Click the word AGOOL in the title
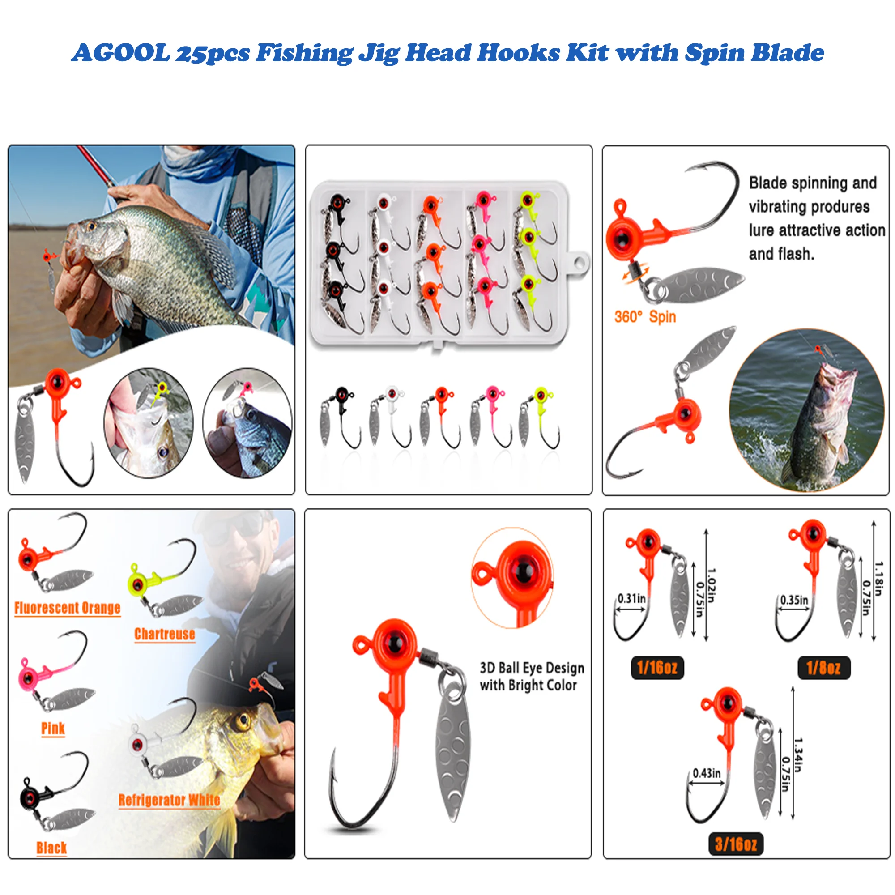(x=121, y=52)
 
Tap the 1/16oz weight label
(x=657, y=668)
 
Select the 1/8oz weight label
(x=823, y=668)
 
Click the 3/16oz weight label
(x=736, y=844)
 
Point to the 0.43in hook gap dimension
(x=707, y=773)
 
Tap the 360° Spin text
(x=645, y=317)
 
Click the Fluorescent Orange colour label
(x=67, y=608)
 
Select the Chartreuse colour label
(x=164, y=634)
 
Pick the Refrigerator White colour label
(x=169, y=800)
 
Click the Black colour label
(x=51, y=848)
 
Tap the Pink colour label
(x=53, y=728)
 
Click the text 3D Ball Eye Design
(x=532, y=668)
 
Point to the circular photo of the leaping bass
(x=806, y=410)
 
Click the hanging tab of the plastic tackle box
(x=579, y=264)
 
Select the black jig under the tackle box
(x=341, y=415)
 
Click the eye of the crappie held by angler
(x=91, y=226)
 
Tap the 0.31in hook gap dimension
(x=631, y=598)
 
